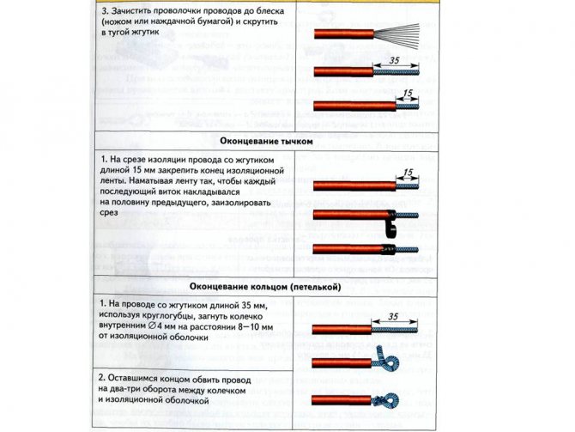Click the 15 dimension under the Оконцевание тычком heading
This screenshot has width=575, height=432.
[407, 173]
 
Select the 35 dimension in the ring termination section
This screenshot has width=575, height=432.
[394, 317]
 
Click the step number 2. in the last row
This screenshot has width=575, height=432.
[102, 378]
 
